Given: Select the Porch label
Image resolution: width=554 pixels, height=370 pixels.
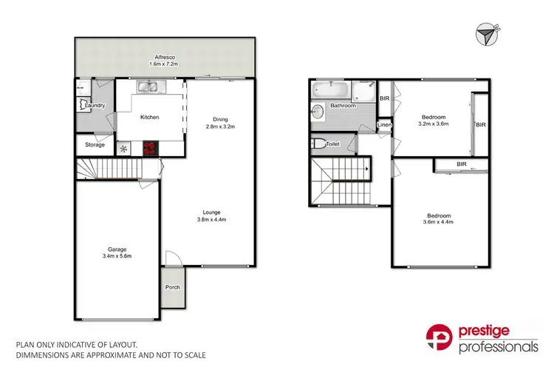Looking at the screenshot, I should point(172,288).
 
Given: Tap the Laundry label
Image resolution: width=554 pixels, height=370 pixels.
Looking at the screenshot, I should point(95,106).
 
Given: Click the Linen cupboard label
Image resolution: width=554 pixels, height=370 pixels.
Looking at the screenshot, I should point(384,126).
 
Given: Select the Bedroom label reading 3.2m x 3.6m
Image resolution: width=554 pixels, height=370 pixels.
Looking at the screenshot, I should point(434,117).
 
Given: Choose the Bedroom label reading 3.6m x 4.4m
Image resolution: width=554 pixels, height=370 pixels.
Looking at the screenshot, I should point(438,218).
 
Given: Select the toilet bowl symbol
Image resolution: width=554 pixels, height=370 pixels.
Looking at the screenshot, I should point(315,144).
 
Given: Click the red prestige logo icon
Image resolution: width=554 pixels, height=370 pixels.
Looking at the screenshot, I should point(442,339).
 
